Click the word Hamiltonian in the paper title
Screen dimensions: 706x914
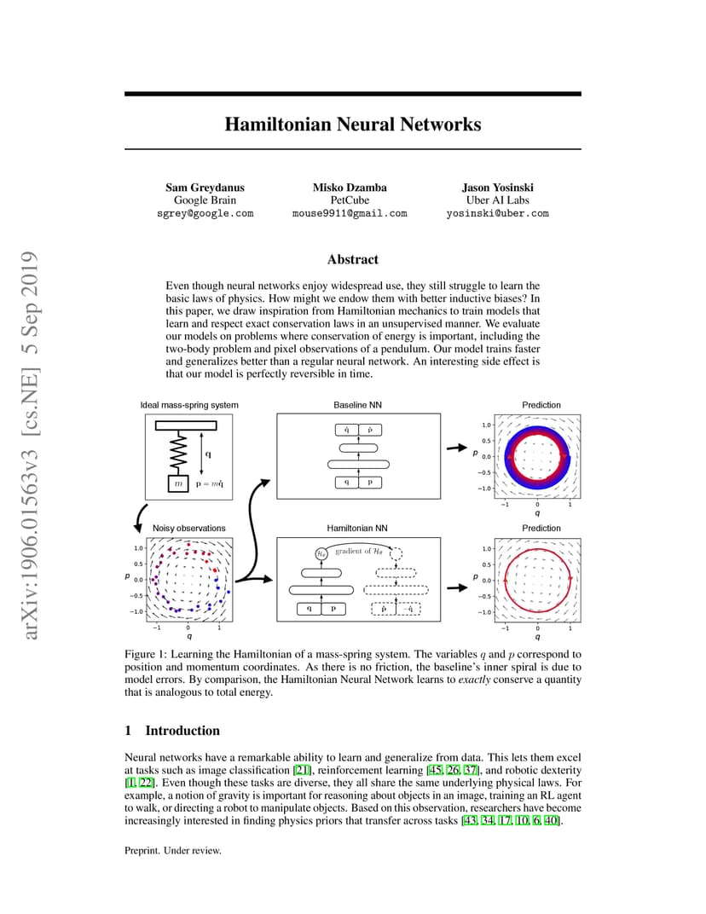(277, 124)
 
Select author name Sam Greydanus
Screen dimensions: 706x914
(205, 187)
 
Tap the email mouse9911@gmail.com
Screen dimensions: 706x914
(350, 213)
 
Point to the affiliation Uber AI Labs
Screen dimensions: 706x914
(497, 200)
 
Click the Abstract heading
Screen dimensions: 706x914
(353, 259)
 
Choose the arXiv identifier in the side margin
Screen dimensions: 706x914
(29, 445)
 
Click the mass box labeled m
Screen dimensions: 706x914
(178, 483)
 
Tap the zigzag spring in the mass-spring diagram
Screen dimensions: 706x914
(178, 453)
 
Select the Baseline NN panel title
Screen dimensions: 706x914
(357, 404)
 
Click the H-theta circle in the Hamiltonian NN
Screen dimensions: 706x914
(321, 553)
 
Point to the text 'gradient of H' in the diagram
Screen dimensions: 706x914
(359, 551)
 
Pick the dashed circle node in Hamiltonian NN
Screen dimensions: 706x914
(396, 553)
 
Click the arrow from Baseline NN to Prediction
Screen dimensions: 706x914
(457, 448)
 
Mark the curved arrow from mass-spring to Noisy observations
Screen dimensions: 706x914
(139, 518)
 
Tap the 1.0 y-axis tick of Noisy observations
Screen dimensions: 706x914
(138, 548)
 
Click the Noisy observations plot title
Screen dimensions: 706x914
(189, 528)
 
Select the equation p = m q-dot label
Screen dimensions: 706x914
(209, 483)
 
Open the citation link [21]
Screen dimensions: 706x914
(302, 770)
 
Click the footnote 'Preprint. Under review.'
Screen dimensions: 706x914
(172, 850)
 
